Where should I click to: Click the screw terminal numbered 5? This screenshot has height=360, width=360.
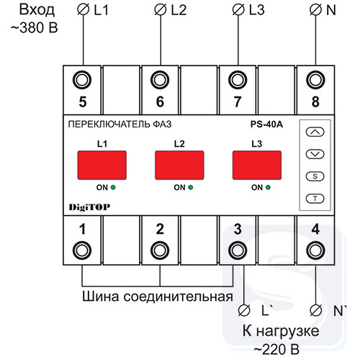82,80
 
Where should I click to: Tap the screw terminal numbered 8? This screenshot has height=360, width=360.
315,80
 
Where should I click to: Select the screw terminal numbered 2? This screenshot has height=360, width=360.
160,251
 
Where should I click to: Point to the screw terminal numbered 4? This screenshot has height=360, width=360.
315,251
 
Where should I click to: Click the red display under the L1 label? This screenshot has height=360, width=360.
102,165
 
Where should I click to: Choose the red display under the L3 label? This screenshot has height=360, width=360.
257,165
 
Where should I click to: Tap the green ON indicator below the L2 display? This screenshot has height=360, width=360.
191,187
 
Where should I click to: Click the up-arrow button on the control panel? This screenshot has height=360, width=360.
315,132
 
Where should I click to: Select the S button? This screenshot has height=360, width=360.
315,176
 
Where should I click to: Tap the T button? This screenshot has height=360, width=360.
315,199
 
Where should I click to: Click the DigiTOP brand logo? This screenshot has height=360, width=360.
89,207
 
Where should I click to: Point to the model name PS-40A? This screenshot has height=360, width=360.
266,125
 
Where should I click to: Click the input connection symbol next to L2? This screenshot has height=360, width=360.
161,10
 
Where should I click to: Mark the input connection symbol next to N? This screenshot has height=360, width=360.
315,10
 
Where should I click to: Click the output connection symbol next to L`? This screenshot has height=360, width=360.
244,310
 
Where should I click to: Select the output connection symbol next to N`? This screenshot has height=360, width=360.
315,310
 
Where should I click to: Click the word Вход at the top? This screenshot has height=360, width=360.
37,10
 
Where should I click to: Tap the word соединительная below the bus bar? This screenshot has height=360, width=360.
179,297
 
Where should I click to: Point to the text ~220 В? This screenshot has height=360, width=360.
276,349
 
